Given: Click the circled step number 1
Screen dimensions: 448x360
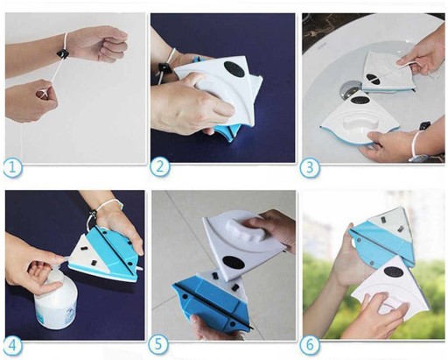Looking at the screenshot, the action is [x=13, y=168].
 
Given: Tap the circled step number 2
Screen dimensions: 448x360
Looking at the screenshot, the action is [x=160, y=167].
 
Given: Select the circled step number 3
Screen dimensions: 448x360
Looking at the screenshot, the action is [x=310, y=168].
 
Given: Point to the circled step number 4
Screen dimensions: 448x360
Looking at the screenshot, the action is [x=13, y=347].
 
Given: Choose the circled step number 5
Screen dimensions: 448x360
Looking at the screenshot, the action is [x=158, y=344].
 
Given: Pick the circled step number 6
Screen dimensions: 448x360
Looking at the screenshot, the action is [x=310, y=345].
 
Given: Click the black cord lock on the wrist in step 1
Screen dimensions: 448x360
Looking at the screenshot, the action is [x=63, y=53].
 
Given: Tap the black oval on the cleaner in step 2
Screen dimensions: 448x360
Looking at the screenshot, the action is [x=235, y=70].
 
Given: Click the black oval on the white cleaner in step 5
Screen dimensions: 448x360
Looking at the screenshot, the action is [x=233, y=261].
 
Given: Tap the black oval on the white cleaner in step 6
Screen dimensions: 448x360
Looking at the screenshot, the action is [x=394, y=272].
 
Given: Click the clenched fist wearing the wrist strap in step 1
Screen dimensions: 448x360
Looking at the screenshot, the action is [x=99, y=45].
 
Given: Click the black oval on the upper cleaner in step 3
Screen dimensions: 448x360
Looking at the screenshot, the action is [x=373, y=78].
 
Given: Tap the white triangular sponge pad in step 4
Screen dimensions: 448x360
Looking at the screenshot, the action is [x=87, y=251].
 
